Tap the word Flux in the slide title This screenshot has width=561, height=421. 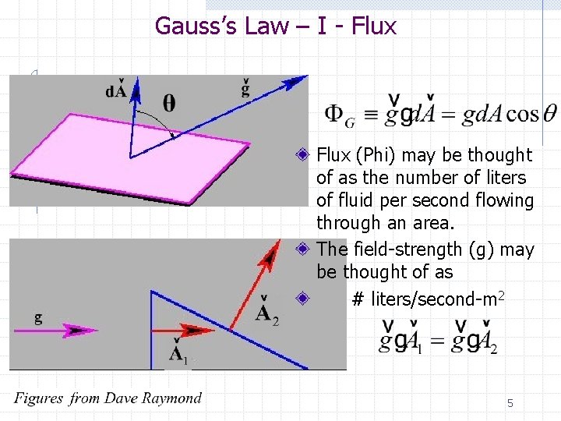pyautogui.click(x=374, y=26)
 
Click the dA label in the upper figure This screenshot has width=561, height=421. pyautogui.click(x=117, y=90)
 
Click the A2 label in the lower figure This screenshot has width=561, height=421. pyautogui.click(x=266, y=314)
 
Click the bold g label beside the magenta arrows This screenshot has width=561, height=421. pyautogui.click(x=39, y=317)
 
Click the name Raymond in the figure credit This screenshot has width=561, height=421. pyautogui.click(x=170, y=398)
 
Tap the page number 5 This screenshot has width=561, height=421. pyautogui.click(x=510, y=403)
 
